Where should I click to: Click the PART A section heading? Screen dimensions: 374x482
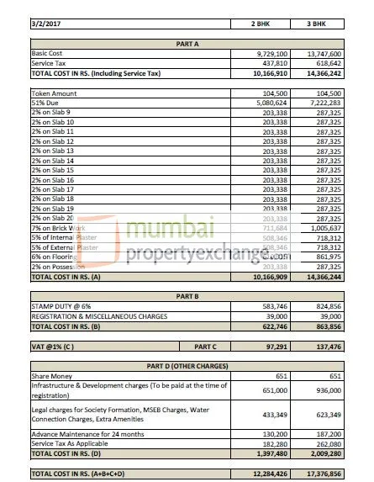pos(187,42)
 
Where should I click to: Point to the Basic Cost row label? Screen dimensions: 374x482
pos(50,52)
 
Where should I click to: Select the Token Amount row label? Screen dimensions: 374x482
pos(55,93)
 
